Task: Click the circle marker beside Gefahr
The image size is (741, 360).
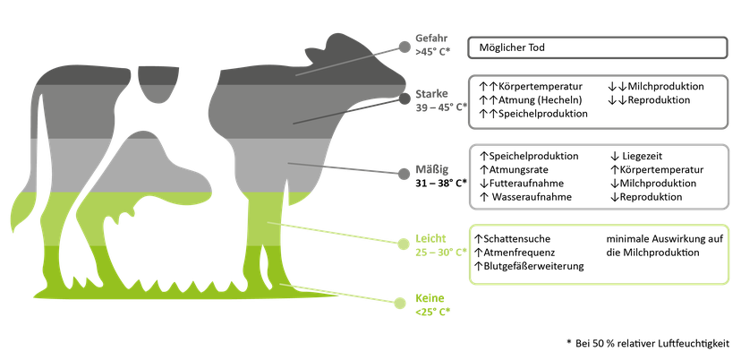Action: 405,47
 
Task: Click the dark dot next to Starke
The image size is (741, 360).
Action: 405,99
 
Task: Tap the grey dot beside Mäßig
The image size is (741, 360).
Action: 404,174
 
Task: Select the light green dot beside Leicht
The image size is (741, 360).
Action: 403,244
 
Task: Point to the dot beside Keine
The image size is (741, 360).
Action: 400,304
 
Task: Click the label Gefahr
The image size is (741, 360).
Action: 431,38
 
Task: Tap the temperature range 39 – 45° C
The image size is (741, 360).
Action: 439,107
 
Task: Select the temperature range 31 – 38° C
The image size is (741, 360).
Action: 439,182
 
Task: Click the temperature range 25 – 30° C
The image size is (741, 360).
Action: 439,253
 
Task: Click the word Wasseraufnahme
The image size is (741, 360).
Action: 532,197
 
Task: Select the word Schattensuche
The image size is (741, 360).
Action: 517,239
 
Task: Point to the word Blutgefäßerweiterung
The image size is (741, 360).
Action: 533,266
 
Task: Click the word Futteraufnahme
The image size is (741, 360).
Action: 526,184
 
